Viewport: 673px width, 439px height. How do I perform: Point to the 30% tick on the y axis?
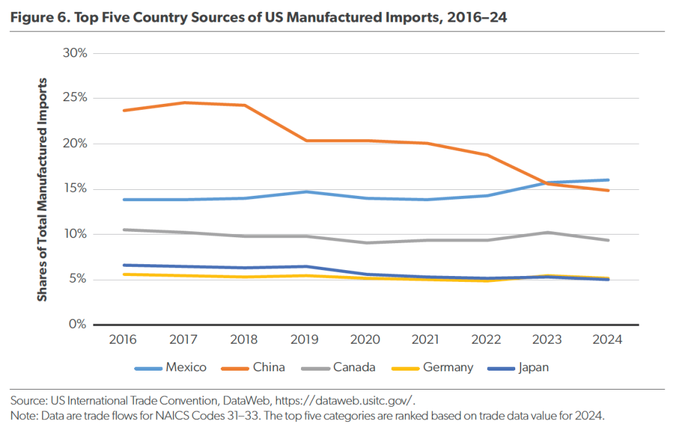(x=74, y=53)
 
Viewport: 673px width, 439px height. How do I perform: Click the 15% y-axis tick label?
(x=74, y=189)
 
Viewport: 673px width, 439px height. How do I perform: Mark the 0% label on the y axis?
(x=78, y=325)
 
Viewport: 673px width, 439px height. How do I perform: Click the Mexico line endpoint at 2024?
(x=608, y=180)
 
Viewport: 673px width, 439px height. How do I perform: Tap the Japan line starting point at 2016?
(x=124, y=265)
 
